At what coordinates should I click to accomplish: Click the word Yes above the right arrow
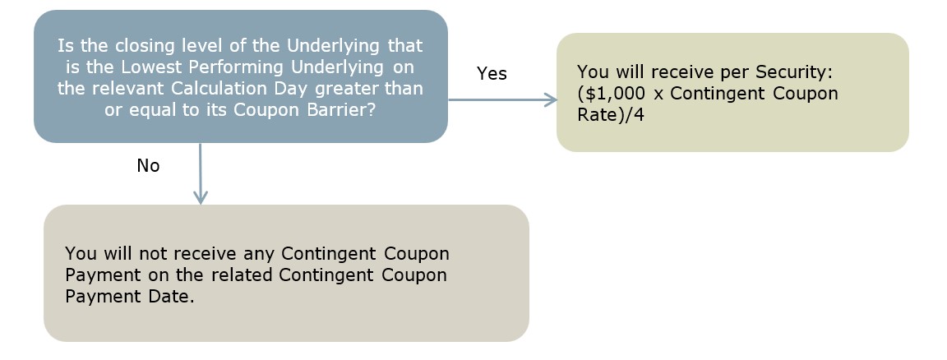492,74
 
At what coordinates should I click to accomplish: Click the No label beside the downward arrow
148,165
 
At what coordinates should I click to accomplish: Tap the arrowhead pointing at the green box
550,99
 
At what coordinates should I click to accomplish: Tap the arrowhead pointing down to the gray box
201,197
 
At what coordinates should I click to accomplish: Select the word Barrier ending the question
344,110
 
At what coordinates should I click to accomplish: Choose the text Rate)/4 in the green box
611,115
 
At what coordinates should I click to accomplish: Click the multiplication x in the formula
659,95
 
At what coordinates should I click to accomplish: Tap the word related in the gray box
243,275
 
